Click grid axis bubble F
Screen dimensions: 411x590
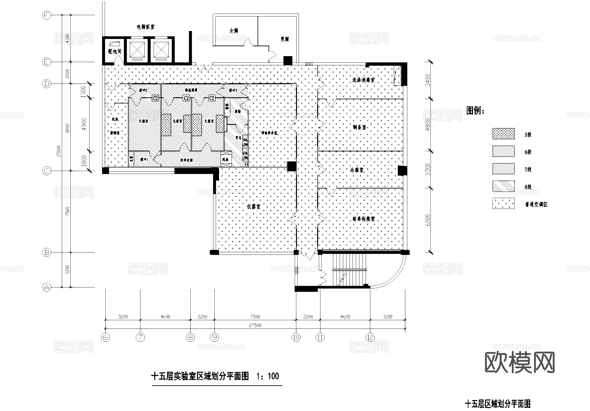pos(47,15)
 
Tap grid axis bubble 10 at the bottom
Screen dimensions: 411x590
pos(296,337)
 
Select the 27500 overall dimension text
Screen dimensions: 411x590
pos(255,325)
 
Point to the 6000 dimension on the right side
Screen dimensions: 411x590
pos(428,220)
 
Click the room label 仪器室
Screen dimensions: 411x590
pos(254,207)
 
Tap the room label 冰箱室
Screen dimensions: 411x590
pos(357,170)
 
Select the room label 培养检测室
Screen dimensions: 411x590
pos(363,219)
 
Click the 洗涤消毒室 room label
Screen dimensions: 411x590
pos(363,80)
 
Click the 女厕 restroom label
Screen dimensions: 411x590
pos(234,31)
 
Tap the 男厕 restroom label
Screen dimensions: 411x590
pos(284,39)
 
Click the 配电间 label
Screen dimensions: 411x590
pos(115,51)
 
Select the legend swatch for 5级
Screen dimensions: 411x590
pos(503,134)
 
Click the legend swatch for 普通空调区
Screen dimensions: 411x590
pos(503,204)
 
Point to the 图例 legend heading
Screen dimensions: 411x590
pos(475,111)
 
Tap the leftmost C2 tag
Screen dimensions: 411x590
pos(155,98)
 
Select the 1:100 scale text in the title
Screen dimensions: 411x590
pos(268,376)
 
